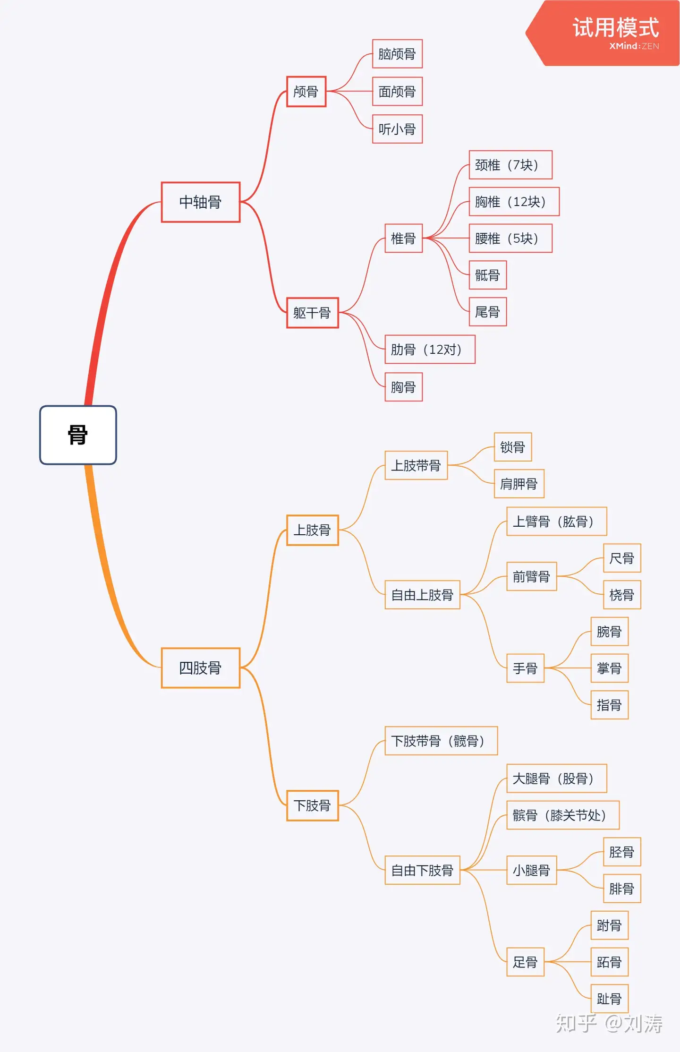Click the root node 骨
(78, 435)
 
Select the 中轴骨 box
(200, 202)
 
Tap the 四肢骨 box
(200, 667)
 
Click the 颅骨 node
(306, 92)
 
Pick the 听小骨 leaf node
(397, 129)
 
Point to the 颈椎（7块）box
(510, 165)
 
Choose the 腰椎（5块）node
(510, 239)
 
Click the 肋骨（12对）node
(430, 350)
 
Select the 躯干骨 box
(312, 313)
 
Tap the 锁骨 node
(512, 447)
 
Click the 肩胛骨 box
(519, 484)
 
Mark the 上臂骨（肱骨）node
(556, 522)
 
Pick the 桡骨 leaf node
(621, 595)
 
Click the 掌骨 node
(609, 668)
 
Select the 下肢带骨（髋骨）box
(441, 741)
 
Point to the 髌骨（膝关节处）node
(562, 815)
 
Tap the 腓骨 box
(621, 889)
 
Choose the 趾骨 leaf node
(609, 999)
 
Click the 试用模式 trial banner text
(615, 27)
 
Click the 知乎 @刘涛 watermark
(609, 1024)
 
